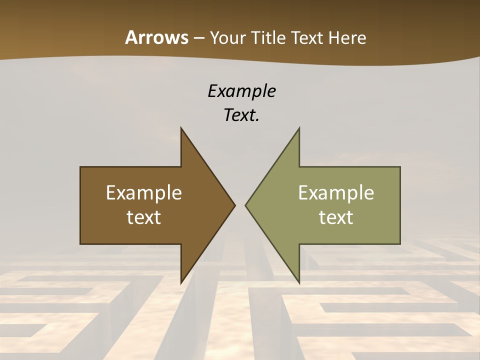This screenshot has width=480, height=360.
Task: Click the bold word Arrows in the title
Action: tap(156, 37)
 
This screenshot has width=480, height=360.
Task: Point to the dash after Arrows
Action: tap(198, 38)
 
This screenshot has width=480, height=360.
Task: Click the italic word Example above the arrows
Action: tap(241, 91)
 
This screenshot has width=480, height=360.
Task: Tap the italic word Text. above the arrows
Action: tap(241, 115)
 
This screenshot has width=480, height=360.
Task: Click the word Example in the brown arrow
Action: tap(144, 192)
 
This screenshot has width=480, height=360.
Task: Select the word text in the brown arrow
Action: tap(144, 217)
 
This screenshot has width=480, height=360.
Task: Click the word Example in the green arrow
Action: tap(336, 192)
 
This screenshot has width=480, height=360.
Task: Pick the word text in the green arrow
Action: tap(336, 217)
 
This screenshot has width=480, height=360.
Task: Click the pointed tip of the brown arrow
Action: tap(234, 205)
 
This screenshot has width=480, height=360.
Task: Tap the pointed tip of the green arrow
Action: tap(246, 205)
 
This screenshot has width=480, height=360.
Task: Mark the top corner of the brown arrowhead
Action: tap(181, 128)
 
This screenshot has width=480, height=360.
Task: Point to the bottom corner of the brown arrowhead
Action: tap(181, 282)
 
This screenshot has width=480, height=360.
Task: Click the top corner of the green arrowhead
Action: tap(299, 128)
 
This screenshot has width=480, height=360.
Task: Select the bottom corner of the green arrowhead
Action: tap(299, 282)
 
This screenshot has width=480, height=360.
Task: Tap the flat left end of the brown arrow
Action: tap(81, 205)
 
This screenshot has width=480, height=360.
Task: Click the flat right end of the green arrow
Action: tap(399, 205)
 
